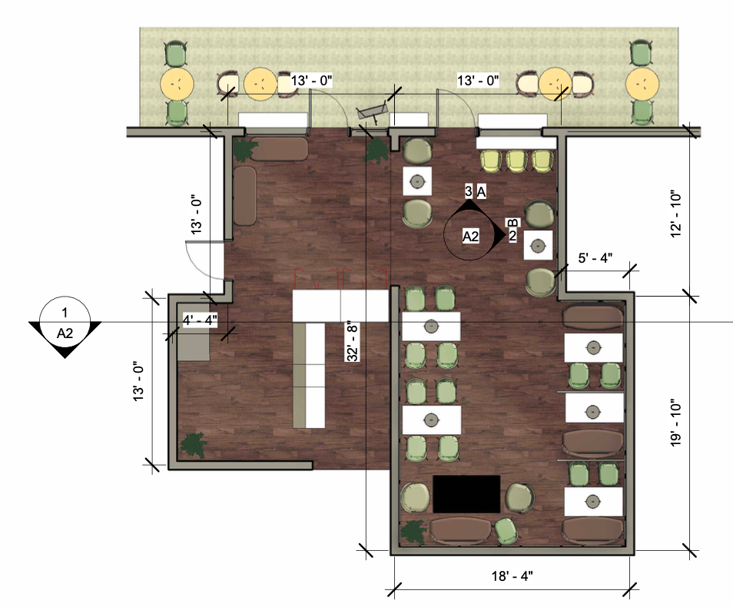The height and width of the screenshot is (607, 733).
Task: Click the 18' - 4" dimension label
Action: pos(512,575)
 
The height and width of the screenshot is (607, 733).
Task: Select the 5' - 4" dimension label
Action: pos(595,257)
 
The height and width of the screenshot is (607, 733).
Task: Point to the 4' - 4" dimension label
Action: pos(200,320)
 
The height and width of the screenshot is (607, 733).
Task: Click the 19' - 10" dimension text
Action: pos(676,423)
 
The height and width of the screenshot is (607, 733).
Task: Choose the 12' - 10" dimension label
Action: pos(676,214)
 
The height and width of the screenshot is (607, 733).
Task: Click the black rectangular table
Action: pos(466,494)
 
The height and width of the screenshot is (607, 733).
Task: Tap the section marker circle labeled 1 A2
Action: pos(65,323)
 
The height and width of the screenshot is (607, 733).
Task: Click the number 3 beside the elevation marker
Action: pos(469,191)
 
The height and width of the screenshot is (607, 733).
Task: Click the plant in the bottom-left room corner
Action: pos(193,445)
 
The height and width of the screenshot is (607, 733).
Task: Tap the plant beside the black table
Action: pos(413,532)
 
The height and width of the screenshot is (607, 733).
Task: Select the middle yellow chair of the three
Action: pos(516,161)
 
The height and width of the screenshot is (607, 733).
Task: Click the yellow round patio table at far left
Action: pos(177,85)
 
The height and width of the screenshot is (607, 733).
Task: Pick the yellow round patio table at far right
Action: pos(642,85)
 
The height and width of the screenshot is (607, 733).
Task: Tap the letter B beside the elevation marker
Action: pos(512,223)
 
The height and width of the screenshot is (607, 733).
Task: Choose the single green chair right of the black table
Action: pos(506,532)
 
